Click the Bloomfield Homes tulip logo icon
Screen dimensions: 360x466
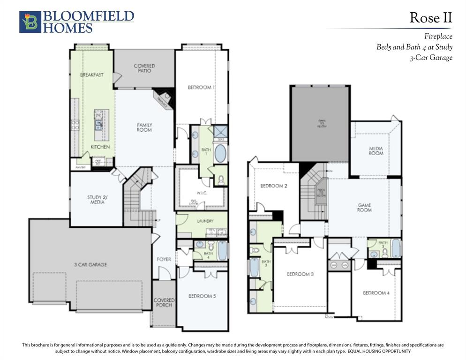(30, 22)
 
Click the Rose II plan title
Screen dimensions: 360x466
(431, 18)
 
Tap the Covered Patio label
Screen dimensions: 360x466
(144, 68)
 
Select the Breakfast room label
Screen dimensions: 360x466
(91, 75)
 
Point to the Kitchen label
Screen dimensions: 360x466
(100, 147)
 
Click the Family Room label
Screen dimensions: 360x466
(144, 127)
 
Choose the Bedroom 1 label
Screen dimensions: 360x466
(201, 88)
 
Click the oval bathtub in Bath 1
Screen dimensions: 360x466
(220, 153)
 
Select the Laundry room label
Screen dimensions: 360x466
(206, 221)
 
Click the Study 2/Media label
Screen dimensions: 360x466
(96, 200)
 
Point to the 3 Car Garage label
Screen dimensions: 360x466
(90, 265)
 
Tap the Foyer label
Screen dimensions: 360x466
(164, 259)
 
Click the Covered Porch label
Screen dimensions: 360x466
(164, 303)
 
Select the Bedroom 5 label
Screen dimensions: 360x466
(202, 296)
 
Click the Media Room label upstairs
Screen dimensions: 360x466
(376, 151)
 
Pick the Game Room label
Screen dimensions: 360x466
(364, 207)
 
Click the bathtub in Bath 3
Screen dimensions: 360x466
(396, 248)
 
